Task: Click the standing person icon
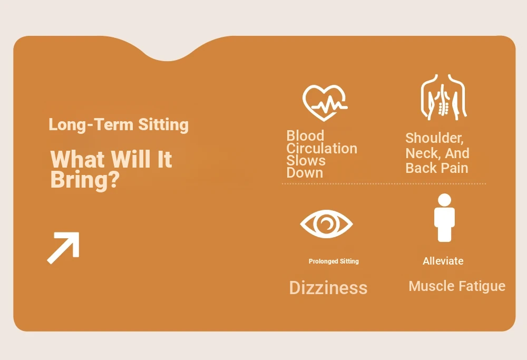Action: pos(444,218)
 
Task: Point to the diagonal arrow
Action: pos(63,248)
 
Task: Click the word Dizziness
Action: pos(328,288)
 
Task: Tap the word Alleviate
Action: pos(443,261)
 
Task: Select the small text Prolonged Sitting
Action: pos(334,261)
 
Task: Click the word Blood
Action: pos(305,136)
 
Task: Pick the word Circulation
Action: pos(321,148)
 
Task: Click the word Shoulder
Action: pos(434,138)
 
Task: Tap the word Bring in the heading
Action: pos(85,180)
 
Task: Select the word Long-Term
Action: pos(91,124)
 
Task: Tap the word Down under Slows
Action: pos(305,173)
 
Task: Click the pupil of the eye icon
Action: pos(326,223)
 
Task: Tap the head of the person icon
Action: pos(444,200)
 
